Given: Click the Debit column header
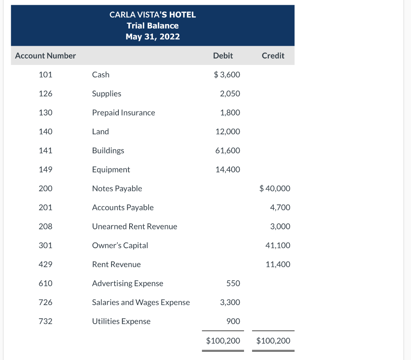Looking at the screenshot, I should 223,56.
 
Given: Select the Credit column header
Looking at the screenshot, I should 273,56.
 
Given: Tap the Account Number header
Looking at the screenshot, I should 45,56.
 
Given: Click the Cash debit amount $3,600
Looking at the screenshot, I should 227,75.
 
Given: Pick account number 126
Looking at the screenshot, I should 45,93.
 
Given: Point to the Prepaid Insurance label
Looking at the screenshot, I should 123,113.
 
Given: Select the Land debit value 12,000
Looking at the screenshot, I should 228,131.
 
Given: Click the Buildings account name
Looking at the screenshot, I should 108,150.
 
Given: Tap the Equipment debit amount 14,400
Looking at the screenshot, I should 228,170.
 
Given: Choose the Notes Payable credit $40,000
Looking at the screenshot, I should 275,188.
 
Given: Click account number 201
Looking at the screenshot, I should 45,207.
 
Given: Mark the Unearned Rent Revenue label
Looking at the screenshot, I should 134,227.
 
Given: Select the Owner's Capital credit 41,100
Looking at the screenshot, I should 278,245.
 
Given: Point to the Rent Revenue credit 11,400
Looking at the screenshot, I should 278,264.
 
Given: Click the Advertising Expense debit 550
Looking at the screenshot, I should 233,283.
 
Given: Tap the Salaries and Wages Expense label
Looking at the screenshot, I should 141,302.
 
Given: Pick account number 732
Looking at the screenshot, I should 45,321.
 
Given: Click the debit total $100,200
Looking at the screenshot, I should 223,341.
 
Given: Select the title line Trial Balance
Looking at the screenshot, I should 153,26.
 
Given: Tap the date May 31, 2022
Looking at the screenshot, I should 153,37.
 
